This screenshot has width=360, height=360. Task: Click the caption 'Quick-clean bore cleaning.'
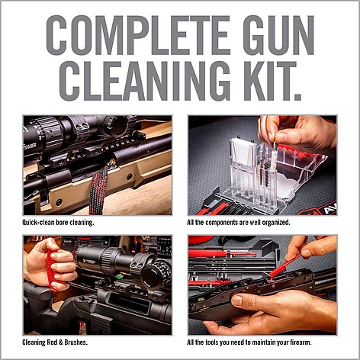(x=58, y=223)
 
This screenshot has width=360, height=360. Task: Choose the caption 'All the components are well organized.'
(x=239, y=223)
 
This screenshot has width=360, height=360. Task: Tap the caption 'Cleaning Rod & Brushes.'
(x=55, y=342)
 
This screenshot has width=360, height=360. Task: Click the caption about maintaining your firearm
(x=249, y=342)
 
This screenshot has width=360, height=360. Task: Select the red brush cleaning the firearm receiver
(x=284, y=265)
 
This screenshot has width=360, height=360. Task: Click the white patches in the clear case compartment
(x=243, y=153)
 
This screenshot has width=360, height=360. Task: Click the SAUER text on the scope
(x=30, y=146)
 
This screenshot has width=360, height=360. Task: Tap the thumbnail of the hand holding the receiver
(x=262, y=285)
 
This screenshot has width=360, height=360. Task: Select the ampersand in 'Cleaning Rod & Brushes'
(x=60, y=342)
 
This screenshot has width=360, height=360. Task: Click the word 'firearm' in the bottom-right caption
(x=301, y=342)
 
